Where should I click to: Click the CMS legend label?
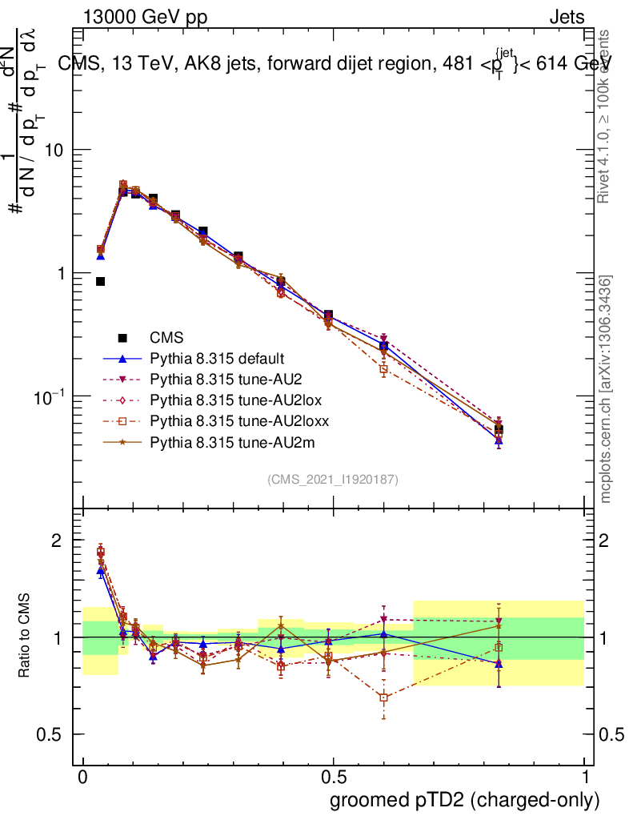[166, 338]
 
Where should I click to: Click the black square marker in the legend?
[122, 337]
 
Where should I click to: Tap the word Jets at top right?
[567, 18]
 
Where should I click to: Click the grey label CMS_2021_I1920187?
[333, 479]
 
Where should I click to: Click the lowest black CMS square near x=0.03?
[101, 281]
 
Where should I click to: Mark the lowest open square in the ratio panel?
[384, 697]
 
